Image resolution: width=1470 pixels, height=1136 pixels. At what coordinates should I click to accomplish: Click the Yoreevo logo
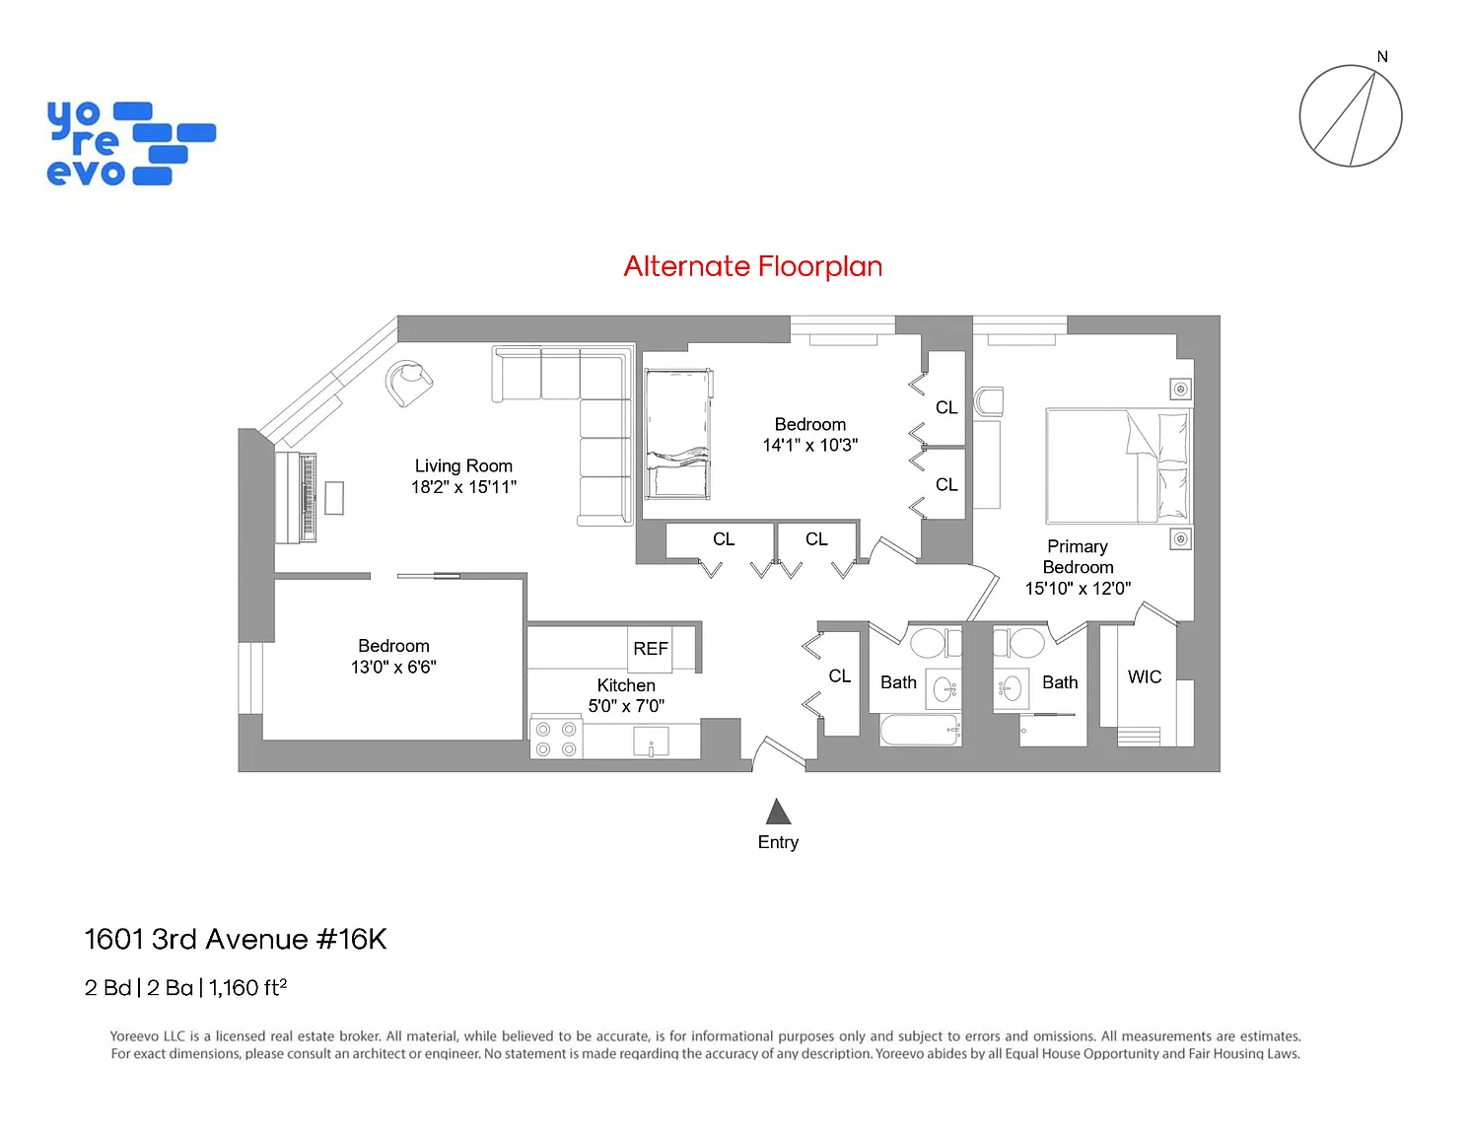click(x=130, y=143)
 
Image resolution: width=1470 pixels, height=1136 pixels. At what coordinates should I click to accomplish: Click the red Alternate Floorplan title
click(x=752, y=266)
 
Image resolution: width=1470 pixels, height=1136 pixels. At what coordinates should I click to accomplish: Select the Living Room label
click(x=463, y=465)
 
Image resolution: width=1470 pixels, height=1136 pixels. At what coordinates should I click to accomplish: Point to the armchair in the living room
click(x=408, y=383)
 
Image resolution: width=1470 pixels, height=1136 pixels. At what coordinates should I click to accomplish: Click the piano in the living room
click(x=297, y=497)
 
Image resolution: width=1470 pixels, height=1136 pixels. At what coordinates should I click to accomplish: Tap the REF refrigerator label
click(x=650, y=648)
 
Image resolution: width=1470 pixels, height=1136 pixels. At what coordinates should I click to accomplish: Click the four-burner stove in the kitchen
click(x=555, y=739)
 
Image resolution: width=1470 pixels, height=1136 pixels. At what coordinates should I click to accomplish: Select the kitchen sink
click(x=651, y=742)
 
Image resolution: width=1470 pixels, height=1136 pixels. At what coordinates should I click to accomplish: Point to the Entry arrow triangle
click(x=778, y=812)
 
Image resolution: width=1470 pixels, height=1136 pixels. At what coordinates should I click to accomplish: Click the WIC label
click(x=1144, y=676)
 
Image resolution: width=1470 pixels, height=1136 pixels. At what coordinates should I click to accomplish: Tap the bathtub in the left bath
click(x=920, y=730)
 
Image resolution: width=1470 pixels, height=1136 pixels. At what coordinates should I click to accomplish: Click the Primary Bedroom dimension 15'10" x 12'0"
click(x=1078, y=588)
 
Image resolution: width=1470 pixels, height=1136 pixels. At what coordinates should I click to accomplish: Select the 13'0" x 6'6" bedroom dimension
click(x=393, y=668)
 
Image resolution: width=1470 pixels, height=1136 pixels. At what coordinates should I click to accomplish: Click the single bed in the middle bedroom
click(x=678, y=434)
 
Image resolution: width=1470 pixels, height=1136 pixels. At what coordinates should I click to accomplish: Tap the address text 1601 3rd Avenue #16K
click(x=236, y=939)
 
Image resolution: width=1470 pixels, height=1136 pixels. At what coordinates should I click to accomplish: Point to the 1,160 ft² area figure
click(x=247, y=987)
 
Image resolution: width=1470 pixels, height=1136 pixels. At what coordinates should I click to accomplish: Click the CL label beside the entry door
click(x=840, y=675)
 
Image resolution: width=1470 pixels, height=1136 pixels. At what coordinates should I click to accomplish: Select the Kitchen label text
click(x=626, y=684)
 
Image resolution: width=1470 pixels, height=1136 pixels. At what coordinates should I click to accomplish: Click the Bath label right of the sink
click(x=1060, y=682)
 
